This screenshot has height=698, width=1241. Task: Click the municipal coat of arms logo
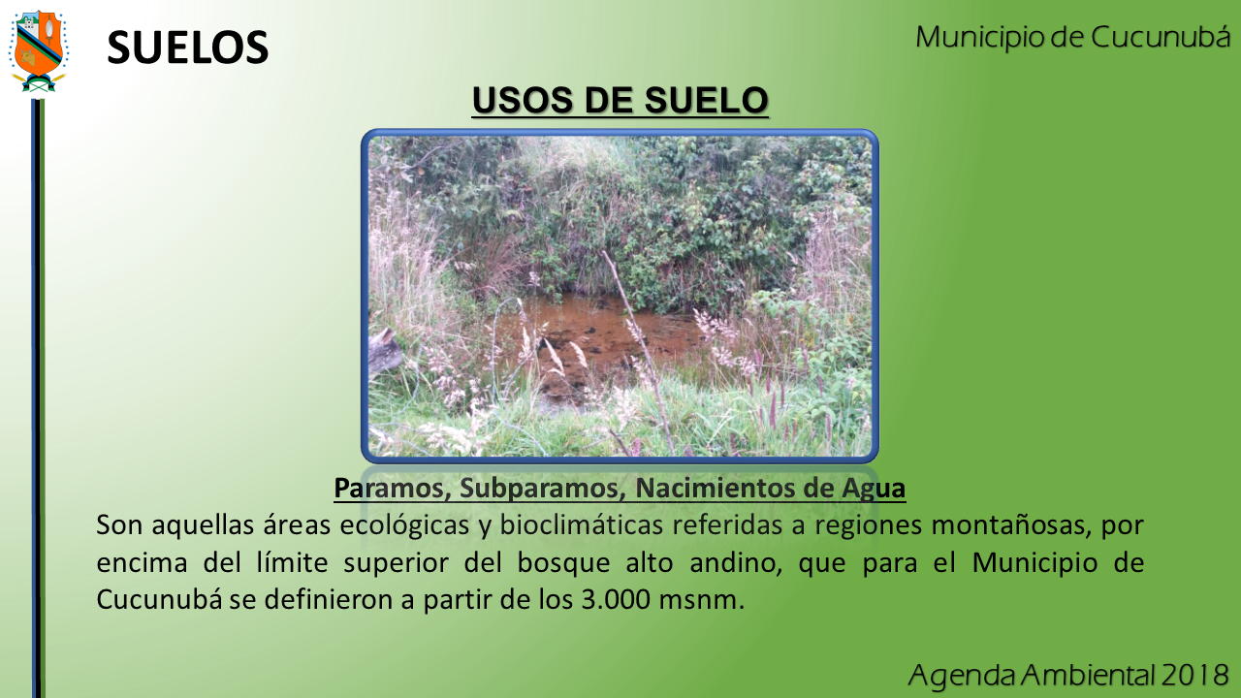(38, 51)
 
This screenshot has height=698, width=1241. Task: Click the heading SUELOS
(188, 48)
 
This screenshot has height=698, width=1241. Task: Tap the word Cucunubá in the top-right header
(1161, 38)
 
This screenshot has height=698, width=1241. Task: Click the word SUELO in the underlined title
(707, 100)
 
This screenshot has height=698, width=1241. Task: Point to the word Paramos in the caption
(392, 488)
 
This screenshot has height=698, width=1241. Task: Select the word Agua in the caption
(874, 488)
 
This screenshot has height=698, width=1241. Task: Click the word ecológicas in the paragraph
(404, 524)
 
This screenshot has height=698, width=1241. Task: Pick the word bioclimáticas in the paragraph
(581, 524)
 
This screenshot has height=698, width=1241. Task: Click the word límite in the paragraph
(292, 562)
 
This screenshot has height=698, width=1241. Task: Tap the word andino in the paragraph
(736, 562)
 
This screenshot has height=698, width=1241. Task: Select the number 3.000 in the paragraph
(616, 599)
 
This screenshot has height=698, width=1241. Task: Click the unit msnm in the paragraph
(701, 600)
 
